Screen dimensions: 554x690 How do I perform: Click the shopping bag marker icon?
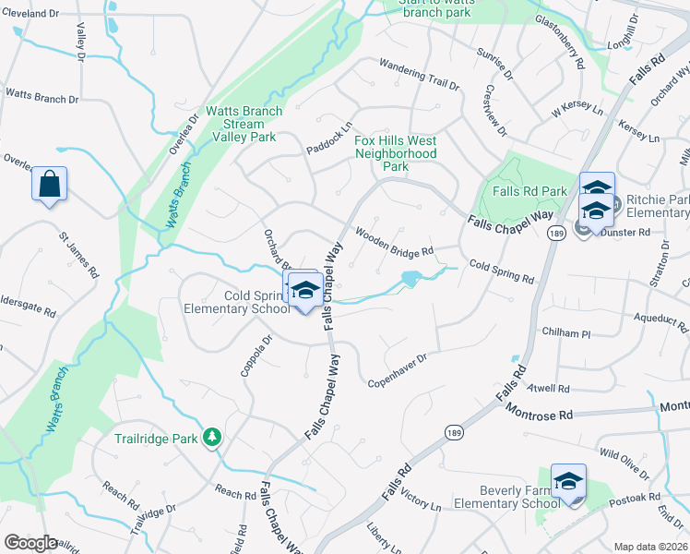(50, 184)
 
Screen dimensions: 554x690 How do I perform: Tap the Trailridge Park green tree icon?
(213, 436)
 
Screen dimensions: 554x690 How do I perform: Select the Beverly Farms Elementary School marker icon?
(568, 482)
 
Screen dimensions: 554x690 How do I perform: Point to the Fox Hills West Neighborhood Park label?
(395, 153)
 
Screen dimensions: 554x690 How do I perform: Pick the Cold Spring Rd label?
(501, 272)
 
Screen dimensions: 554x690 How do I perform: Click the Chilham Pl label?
(566, 332)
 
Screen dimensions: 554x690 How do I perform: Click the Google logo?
(30, 542)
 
